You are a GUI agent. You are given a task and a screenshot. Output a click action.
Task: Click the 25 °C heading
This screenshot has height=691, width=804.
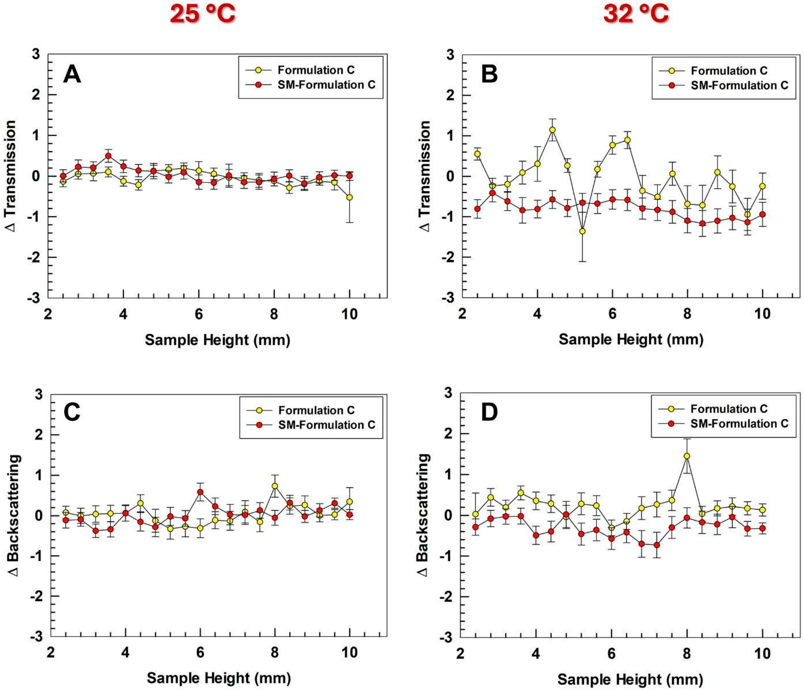click(203, 15)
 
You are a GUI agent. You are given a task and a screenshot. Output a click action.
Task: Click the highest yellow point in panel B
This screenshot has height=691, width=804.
click(552, 130)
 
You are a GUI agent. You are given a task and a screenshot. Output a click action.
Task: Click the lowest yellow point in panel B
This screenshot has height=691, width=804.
click(582, 231)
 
